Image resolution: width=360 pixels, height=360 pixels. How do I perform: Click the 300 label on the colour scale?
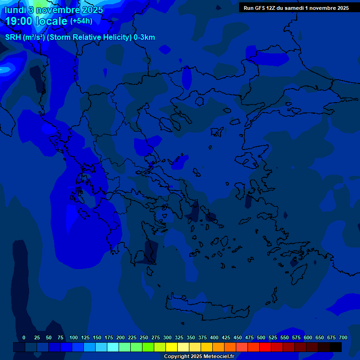(167, 337)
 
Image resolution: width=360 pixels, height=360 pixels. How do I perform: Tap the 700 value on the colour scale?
(343, 337)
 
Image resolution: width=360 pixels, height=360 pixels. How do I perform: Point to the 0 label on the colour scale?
(24, 337)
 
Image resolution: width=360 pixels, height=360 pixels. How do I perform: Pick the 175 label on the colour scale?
(109, 337)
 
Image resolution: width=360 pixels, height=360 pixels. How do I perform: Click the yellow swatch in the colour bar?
(172, 347)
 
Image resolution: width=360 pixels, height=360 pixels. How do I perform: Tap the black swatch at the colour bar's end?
(336, 347)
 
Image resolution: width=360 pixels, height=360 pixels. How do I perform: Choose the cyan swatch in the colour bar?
(113, 347)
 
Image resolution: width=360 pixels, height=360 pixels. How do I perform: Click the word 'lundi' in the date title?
(15, 10)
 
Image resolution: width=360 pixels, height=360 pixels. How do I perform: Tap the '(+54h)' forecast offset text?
(81, 21)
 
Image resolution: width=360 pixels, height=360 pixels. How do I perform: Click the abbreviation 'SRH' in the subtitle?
(13, 37)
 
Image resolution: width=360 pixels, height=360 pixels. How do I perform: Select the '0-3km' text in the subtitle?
(144, 37)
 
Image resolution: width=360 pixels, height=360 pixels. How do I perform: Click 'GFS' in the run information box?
(261, 8)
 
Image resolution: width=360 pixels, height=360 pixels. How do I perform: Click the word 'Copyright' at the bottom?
(177, 356)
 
